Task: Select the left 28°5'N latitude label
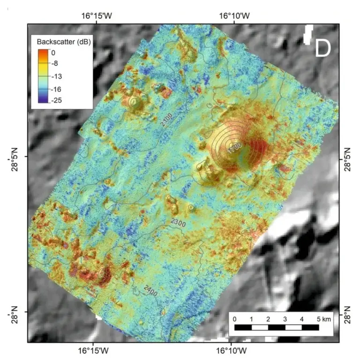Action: click(x=15, y=157)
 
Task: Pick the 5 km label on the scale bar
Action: click(x=323, y=319)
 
